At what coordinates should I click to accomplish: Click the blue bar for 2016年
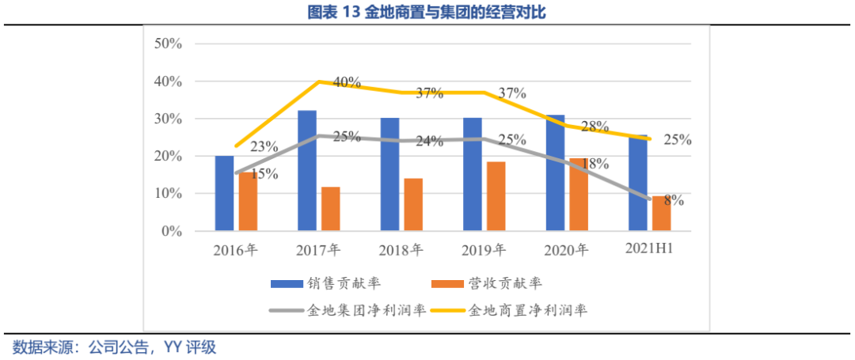point(225,194)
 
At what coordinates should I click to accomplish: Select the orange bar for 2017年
point(330,210)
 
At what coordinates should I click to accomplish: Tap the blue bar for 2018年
point(389,175)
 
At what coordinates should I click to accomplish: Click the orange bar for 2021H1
point(661,214)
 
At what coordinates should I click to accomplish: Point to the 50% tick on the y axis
point(167,44)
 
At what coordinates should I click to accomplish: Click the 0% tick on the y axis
point(171,232)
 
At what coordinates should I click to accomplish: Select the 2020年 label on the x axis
point(566,251)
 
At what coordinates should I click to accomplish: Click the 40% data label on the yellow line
point(347,81)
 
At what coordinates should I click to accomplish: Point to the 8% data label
point(674,200)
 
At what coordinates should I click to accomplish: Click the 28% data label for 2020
point(594,127)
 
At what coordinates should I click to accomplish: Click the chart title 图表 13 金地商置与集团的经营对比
point(427,12)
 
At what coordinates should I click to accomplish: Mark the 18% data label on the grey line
point(594,164)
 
